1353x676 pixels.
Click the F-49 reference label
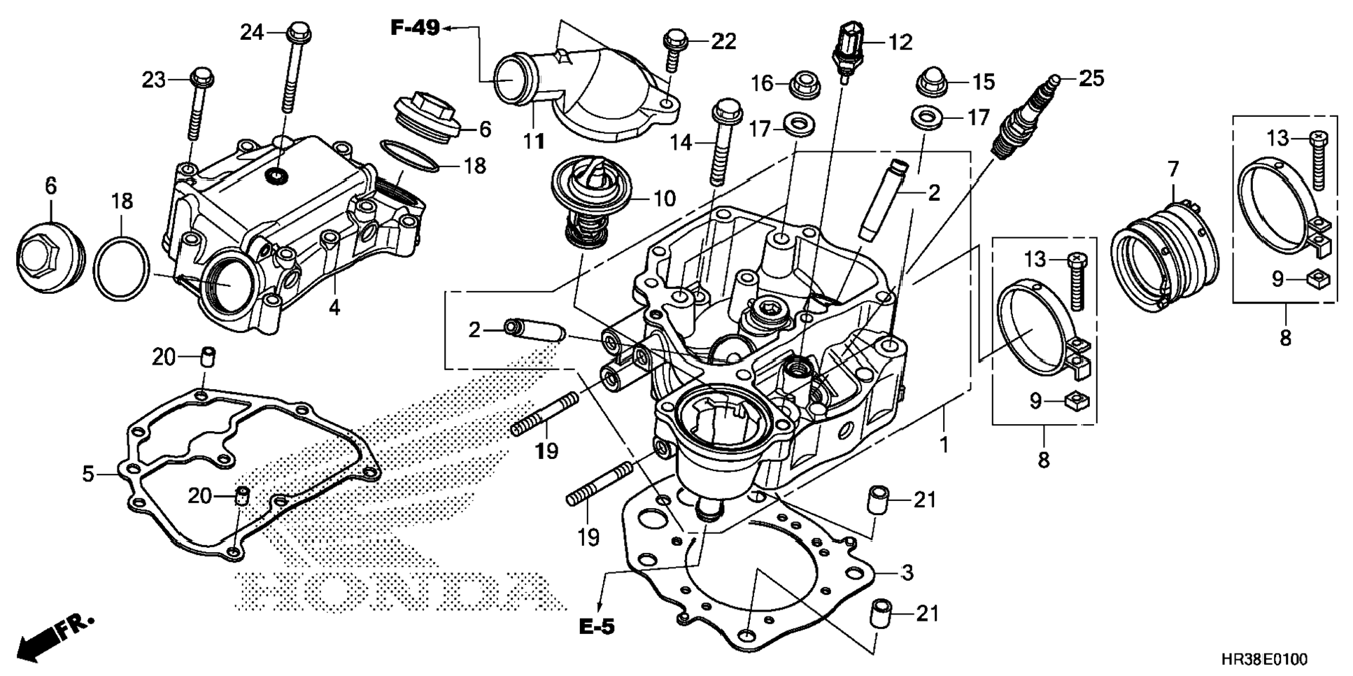point(415,28)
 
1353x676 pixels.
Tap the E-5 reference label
point(597,627)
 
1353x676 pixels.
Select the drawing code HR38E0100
point(1263,659)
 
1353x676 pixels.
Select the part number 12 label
point(900,43)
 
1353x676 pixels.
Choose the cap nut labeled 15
point(931,82)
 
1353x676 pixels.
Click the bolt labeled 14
point(724,141)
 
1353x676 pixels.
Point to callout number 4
point(335,307)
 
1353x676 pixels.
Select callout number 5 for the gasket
point(88,474)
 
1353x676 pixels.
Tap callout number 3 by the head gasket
point(907,572)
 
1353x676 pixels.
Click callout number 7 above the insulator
point(1173,169)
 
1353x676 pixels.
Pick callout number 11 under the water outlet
point(534,141)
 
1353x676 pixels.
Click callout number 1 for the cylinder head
point(944,444)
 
